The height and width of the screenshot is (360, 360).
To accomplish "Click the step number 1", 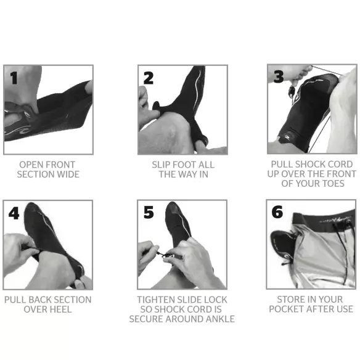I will [x=14, y=78].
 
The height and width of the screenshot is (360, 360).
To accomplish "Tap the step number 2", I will [x=149, y=78].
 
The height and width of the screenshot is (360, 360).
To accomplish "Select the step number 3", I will [x=278, y=77].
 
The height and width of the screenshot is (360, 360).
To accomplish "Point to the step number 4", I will [x=14, y=213].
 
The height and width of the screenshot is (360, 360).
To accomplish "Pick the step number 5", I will [x=149, y=213].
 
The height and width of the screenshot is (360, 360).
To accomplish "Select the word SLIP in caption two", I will [x=163, y=165].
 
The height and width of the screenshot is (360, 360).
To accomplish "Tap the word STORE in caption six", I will [x=286, y=300].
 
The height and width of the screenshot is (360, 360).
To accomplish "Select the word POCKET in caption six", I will [x=286, y=309].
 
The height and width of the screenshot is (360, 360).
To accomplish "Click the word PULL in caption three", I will [x=283, y=165].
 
